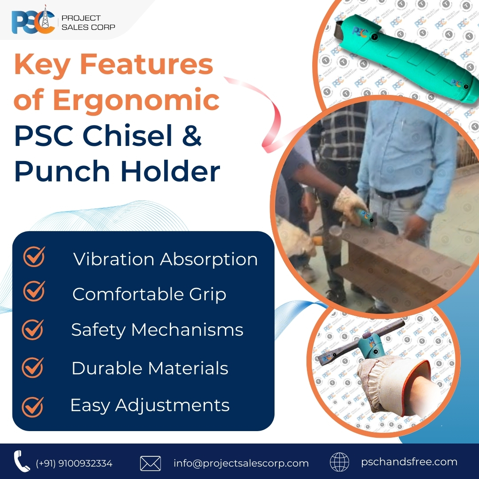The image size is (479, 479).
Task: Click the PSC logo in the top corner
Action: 33,22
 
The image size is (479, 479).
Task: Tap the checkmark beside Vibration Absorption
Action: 34,257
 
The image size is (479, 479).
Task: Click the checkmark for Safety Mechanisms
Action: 33,330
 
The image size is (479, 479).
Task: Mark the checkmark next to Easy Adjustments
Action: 33,405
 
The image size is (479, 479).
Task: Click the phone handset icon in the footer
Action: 21,462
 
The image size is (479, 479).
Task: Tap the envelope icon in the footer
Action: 150,463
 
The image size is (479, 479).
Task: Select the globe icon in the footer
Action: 339,463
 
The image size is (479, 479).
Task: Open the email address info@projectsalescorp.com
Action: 241,463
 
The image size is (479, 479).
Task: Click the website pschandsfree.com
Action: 409,462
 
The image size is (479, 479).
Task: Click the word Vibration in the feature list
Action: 114,259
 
